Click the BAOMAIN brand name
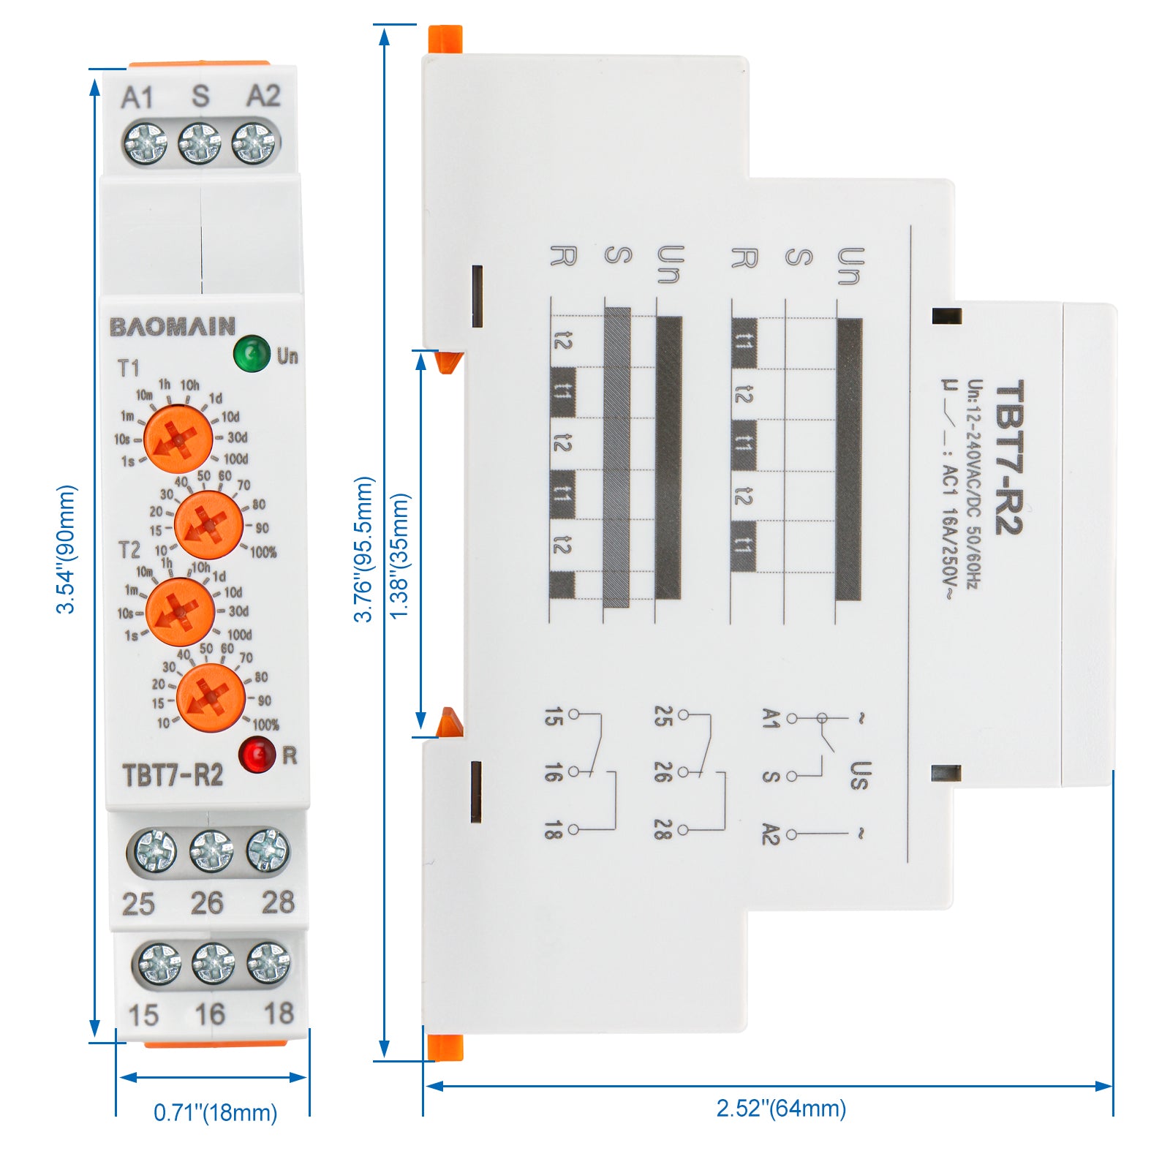173,327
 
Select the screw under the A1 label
146,143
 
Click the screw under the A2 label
255,143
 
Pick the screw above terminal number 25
153,851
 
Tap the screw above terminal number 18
268,962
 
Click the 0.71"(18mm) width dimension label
215,1113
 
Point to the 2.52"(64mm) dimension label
781,1109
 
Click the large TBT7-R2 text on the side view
1009,457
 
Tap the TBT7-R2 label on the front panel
173,775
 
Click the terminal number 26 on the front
207,904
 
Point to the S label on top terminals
200,97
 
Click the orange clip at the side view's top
445,39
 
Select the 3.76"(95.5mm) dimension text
363,549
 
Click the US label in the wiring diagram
860,776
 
